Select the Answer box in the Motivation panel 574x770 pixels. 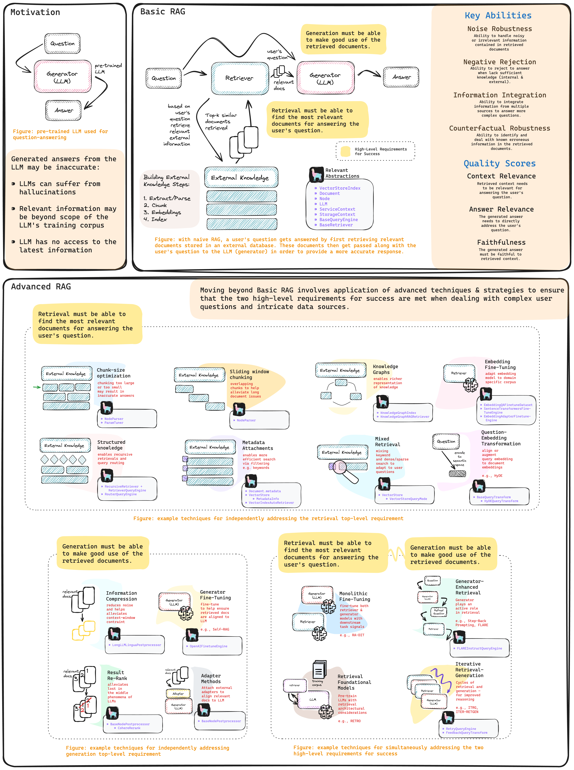[64, 110]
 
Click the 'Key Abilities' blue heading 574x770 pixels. [498, 16]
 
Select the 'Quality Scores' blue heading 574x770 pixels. [499, 163]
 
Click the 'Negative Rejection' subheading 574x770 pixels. [499, 62]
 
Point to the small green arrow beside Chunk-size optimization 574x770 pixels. [37, 387]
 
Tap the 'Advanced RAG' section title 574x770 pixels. [41, 287]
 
